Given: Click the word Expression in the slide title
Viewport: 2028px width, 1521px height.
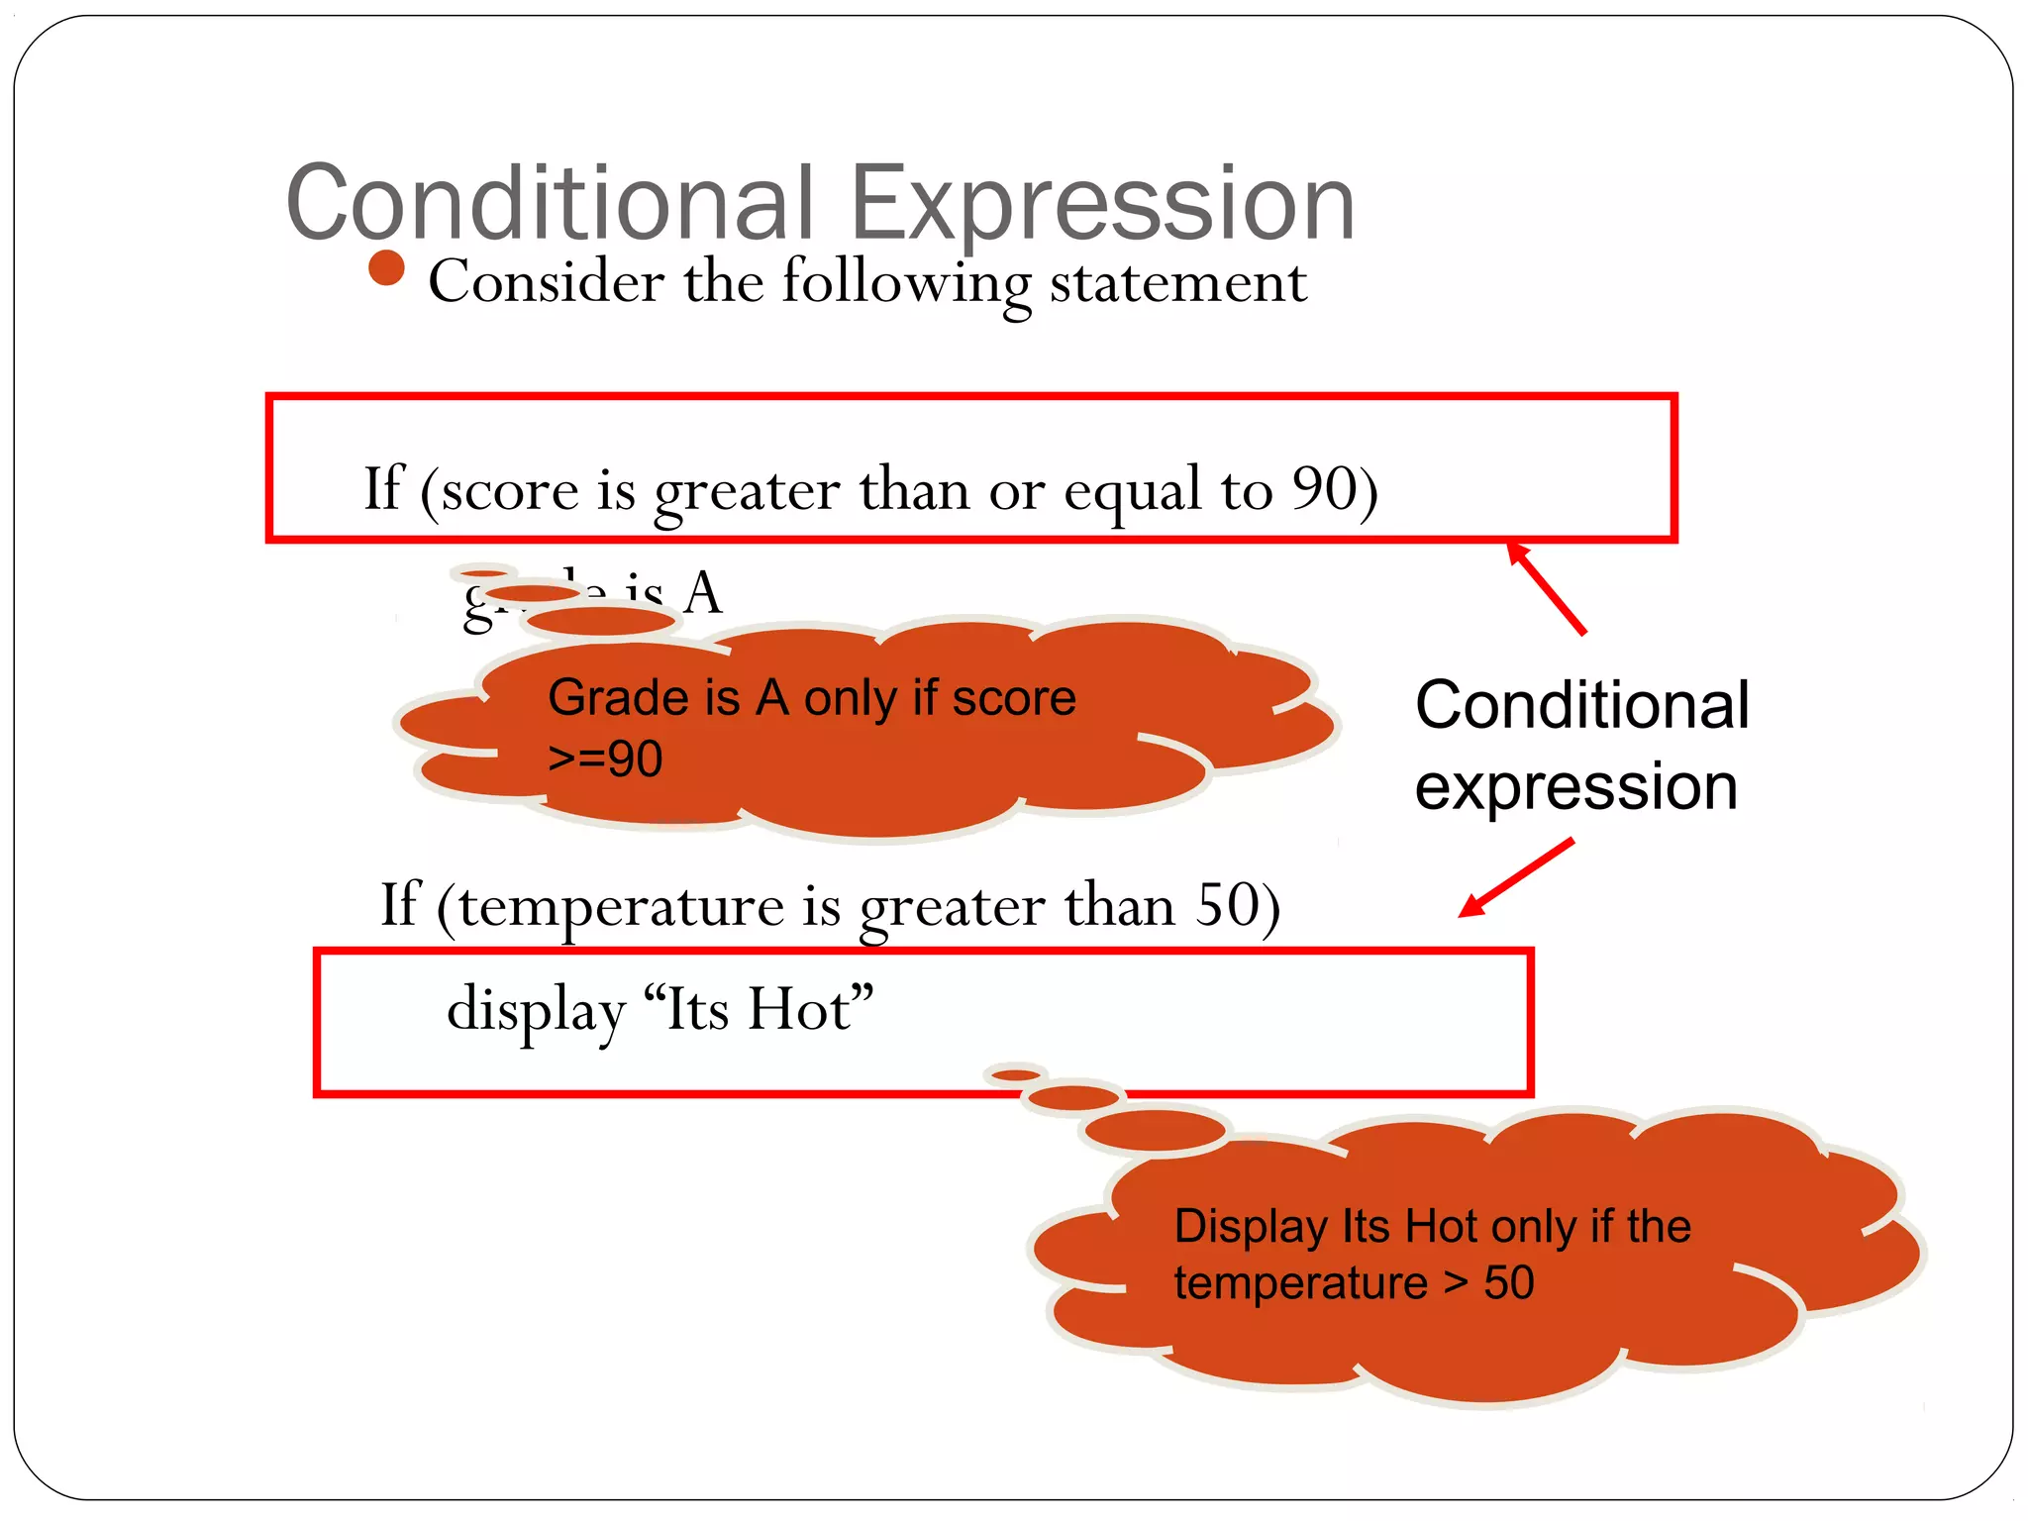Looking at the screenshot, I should click(1102, 206).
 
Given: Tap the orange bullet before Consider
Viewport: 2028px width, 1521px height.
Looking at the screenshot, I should click(386, 268).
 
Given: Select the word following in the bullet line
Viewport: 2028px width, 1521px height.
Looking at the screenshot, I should click(906, 282).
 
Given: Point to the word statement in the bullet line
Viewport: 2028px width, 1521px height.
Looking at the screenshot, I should click(1178, 282).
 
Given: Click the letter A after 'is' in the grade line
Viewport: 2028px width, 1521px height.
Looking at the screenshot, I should click(703, 593).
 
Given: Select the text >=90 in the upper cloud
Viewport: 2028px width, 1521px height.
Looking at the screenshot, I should click(605, 760).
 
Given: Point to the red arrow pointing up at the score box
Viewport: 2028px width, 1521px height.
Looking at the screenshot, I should click(1547, 588).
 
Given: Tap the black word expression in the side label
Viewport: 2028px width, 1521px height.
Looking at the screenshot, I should click(1575, 788).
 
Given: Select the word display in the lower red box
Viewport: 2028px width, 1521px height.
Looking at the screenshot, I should click(536, 1010).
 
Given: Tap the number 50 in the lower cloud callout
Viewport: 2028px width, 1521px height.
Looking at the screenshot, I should click(1508, 1283).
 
